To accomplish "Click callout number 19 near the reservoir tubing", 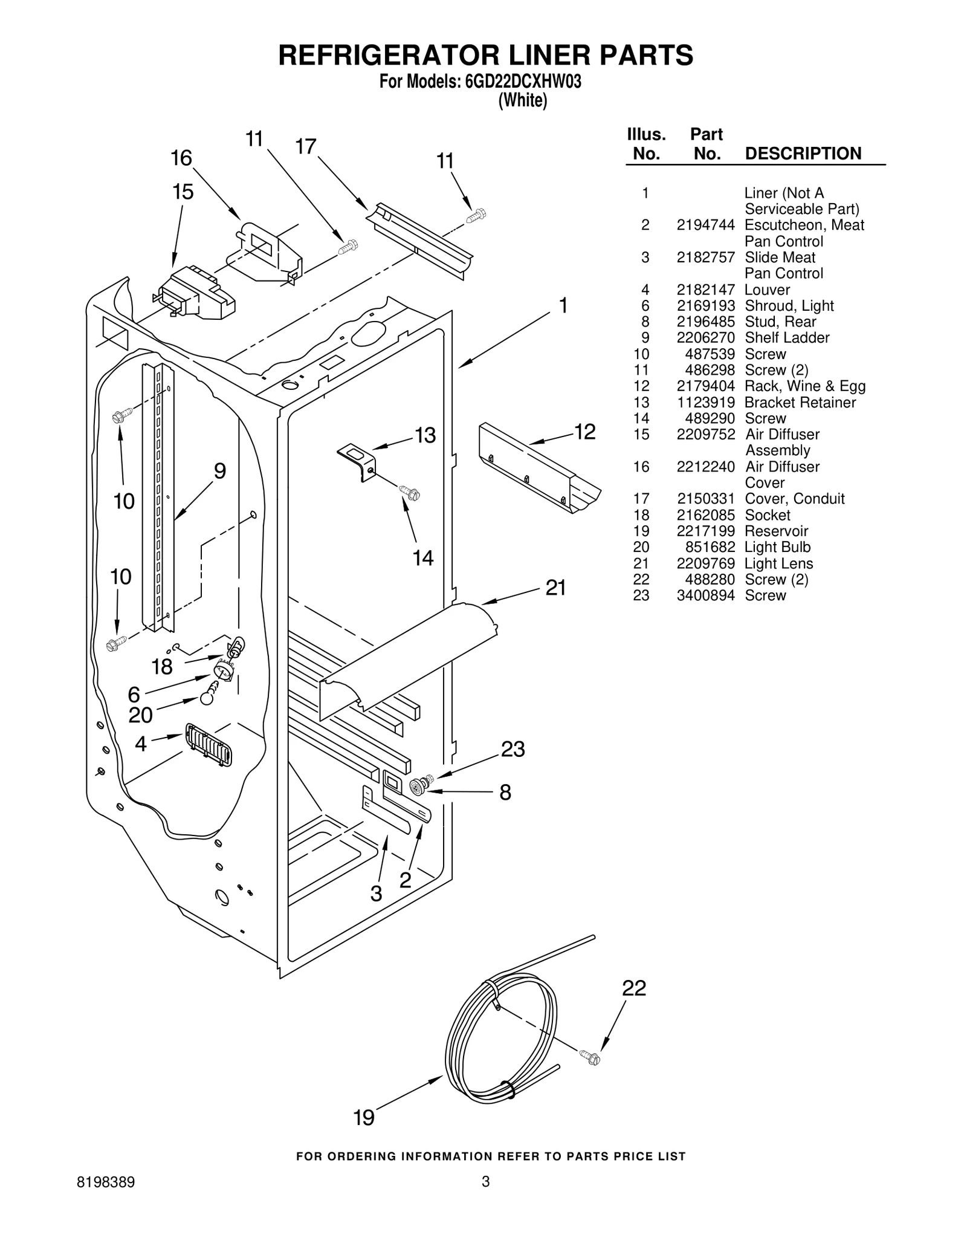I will (364, 1118).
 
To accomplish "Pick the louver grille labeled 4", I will (208, 745).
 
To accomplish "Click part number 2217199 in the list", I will (705, 531).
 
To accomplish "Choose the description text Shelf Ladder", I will (787, 338).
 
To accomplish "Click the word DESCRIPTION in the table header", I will (803, 154).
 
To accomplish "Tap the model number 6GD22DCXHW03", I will (523, 82).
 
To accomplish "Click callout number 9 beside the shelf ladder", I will (220, 471).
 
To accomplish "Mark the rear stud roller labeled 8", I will (416, 787).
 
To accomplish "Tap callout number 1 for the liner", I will (563, 306).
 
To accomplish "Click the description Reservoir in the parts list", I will (776, 531).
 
